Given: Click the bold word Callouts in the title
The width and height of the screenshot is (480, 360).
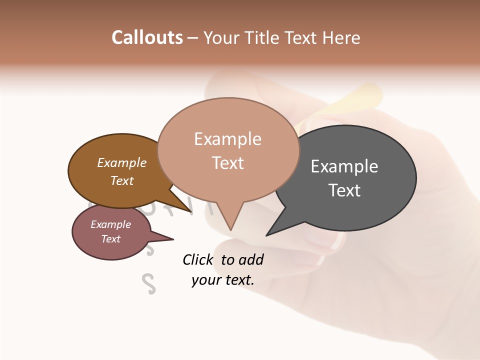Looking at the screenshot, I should point(147,37).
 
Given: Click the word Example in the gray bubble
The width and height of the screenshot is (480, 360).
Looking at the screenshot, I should point(344,166).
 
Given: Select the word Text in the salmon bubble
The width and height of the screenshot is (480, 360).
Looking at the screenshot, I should point(228,163).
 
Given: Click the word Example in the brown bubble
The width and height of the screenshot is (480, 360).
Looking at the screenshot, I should point(122,162).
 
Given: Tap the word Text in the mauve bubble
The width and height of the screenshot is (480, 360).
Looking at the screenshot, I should point(111,239).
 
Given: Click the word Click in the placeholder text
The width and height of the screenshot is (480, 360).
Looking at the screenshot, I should point(198,259).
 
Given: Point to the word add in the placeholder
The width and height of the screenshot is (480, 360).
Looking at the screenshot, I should point(251,259).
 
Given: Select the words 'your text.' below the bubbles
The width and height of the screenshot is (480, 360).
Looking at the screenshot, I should point(222,280).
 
